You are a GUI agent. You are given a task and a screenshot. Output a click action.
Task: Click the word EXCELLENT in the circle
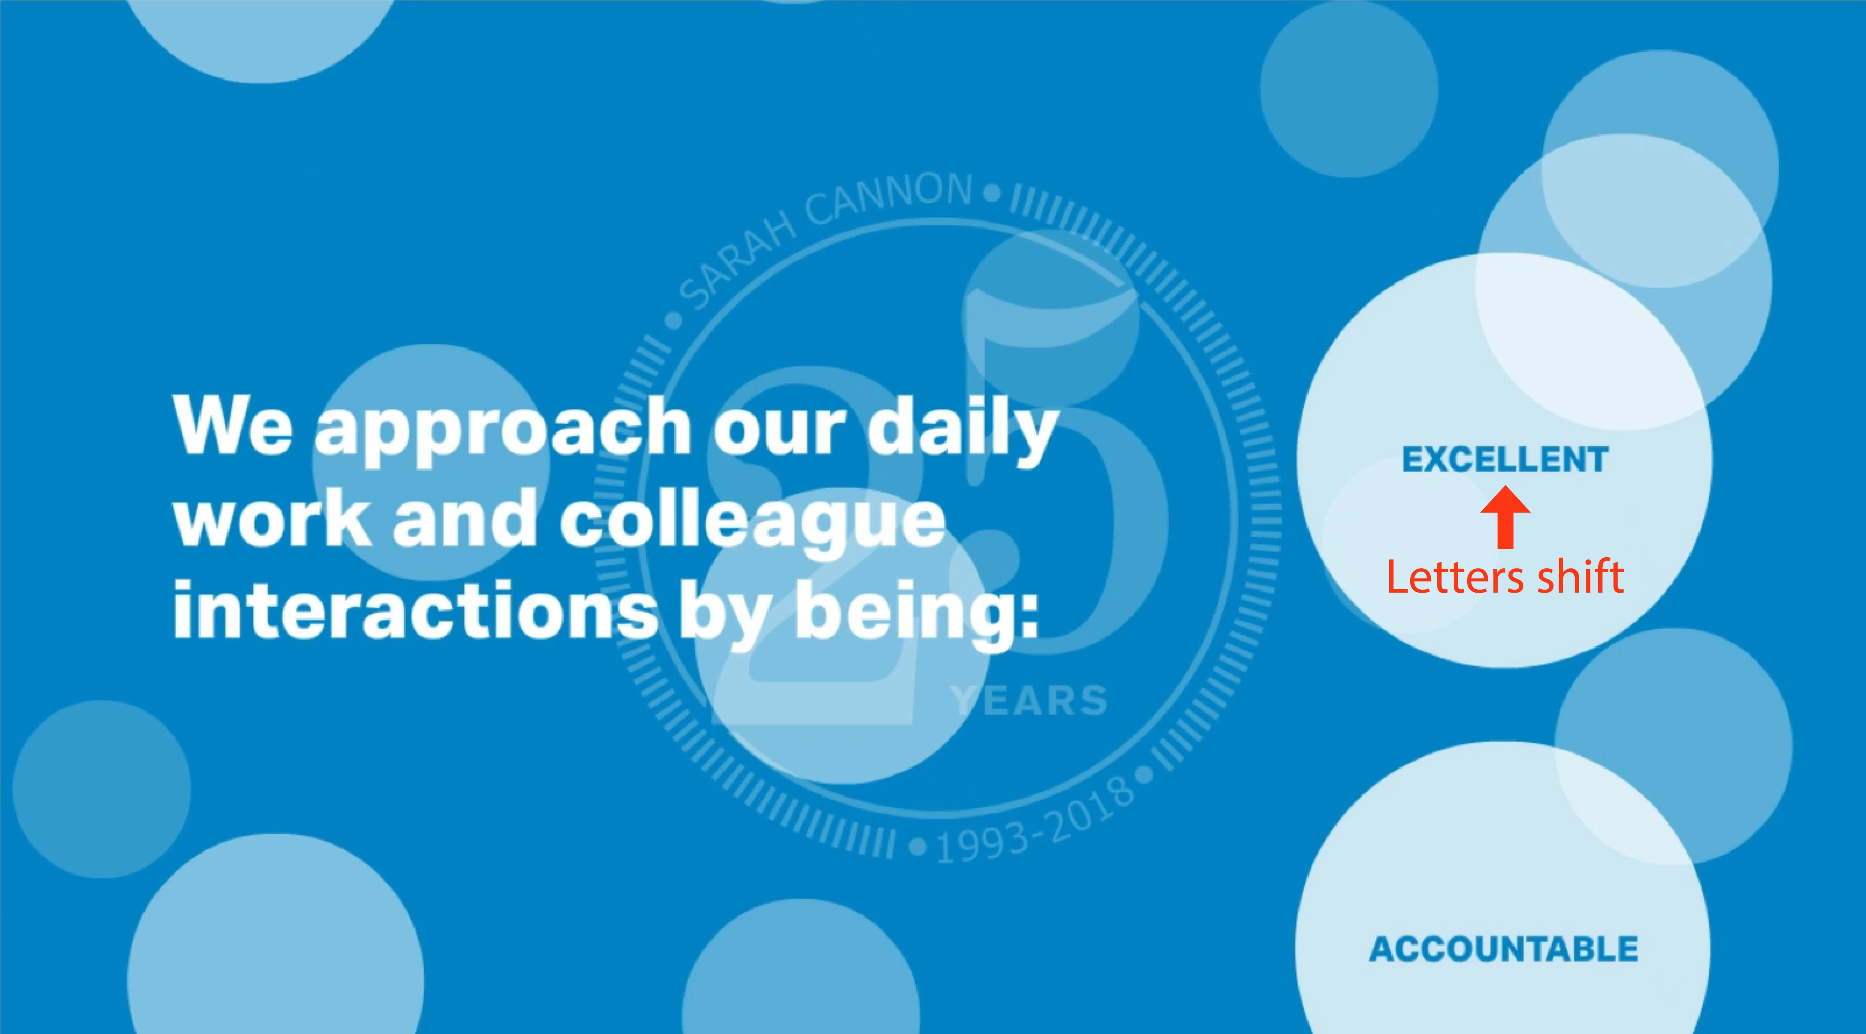pos(1505,459)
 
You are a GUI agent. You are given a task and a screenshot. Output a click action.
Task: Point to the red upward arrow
pos(1505,517)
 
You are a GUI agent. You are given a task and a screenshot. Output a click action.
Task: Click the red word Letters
pos(1456,577)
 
